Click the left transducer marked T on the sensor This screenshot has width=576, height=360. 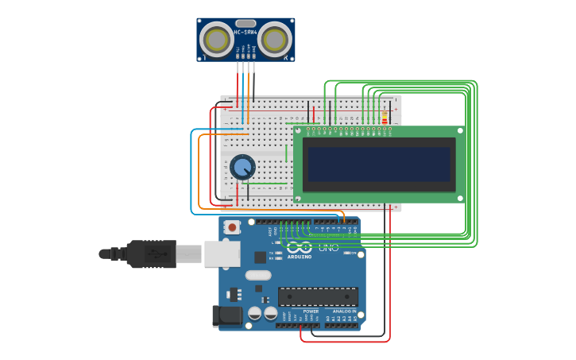coord(216,38)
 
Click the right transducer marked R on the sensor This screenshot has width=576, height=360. coord(275,39)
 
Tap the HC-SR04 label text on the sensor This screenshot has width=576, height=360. coord(245,33)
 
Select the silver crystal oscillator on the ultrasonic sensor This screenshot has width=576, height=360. coord(245,24)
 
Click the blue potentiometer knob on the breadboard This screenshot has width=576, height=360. coord(242,167)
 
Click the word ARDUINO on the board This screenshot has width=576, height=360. coord(300,257)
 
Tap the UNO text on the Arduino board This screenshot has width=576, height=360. coord(328,247)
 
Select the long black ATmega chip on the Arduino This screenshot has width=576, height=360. coord(318,296)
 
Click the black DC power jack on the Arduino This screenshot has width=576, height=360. coord(227,316)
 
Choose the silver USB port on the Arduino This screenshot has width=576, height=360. coord(222,254)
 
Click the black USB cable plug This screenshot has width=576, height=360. coord(151,254)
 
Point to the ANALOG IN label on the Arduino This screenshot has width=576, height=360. coord(344,312)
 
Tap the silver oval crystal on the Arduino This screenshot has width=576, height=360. coord(258,275)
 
